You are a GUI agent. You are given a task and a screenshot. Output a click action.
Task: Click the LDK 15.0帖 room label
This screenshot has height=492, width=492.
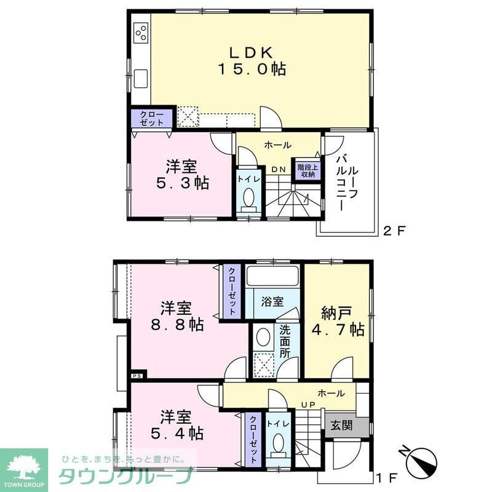point(250,60)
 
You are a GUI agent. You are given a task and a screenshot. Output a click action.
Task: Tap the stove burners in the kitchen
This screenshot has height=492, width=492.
point(140,31)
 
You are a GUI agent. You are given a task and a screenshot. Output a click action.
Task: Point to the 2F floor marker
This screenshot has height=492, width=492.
point(394,232)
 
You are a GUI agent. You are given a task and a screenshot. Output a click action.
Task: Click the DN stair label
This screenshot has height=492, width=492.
point(278,169)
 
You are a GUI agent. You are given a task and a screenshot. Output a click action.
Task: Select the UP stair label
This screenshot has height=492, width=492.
point(307,405)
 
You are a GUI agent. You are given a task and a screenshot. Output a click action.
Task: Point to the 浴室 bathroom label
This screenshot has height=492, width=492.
point(272,302)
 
